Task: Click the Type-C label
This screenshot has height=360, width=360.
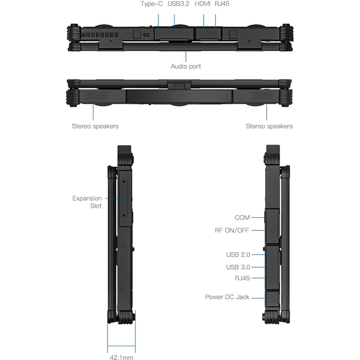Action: click(152, 4)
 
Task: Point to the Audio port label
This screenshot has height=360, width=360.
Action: click(186, 66)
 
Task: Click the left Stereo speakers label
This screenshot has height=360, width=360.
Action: click(95, 126)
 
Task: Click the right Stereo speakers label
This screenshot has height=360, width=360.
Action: click(269, 126)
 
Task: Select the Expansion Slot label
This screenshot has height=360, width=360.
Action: click(87, 202)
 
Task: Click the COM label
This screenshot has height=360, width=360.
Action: click(242, 218)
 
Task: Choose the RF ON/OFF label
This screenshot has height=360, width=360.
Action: click(232, 230)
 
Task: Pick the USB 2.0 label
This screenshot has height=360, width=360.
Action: click(238, 255)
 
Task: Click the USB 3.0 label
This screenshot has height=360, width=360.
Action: click(238, 267)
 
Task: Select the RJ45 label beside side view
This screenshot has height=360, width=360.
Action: click(242, 279)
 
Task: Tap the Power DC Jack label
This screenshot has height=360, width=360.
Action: click(227, 297)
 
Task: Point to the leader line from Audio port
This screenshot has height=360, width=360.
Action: click(186, 49)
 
